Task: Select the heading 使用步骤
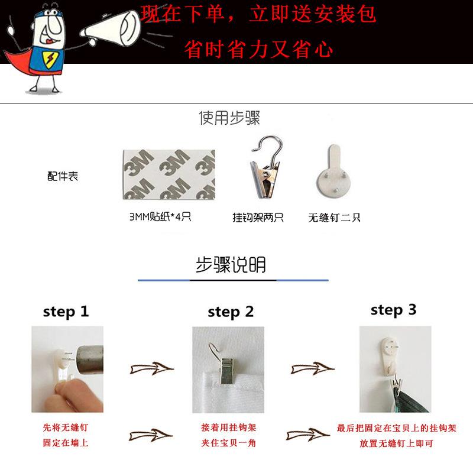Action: (229, 118)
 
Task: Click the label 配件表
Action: (63, 176)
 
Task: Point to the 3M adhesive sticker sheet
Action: (169, 174)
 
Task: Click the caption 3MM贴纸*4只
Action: (160, 217)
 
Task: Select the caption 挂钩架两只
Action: (258, 217)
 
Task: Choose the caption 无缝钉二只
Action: (334, 218)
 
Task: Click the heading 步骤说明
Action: (231, 265)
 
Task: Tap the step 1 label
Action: (66, 312)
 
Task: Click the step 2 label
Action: (231, 312)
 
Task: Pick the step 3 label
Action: (394, 310)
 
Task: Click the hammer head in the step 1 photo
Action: (90, 360)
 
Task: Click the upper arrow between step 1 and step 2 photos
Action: (152, 368)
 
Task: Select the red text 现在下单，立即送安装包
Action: (258, 14)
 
